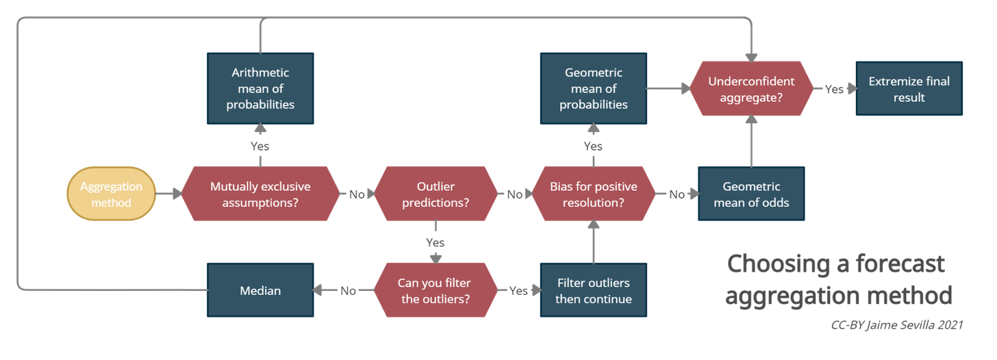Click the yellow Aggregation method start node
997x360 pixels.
coord(111,194)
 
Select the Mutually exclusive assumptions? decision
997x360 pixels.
coord(260,194)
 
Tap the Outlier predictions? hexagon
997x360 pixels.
coord(436,194)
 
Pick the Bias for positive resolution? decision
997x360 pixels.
coord(593,194)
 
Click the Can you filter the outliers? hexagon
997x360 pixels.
coord(436,290)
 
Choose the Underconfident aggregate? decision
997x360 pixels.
coord(751,88)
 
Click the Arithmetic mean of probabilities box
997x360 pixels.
coord(260,88)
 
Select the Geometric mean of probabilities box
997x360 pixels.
coord(593,88)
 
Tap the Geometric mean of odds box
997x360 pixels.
coord(751,194)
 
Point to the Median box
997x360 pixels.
coord(260,290)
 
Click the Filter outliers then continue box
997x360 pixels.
coord(593,290)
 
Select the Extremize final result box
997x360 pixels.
coord(909,88)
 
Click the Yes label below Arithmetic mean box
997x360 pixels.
coord(260,146)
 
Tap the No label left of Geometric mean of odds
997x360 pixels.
coord(677,194)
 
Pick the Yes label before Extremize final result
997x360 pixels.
coord(834,90)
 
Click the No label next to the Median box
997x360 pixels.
coord(348,291)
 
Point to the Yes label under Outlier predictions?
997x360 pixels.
coord(436,242)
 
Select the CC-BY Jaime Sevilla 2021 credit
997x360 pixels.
coord(897,325)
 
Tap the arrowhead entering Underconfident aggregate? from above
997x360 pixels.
coord(751,58)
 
